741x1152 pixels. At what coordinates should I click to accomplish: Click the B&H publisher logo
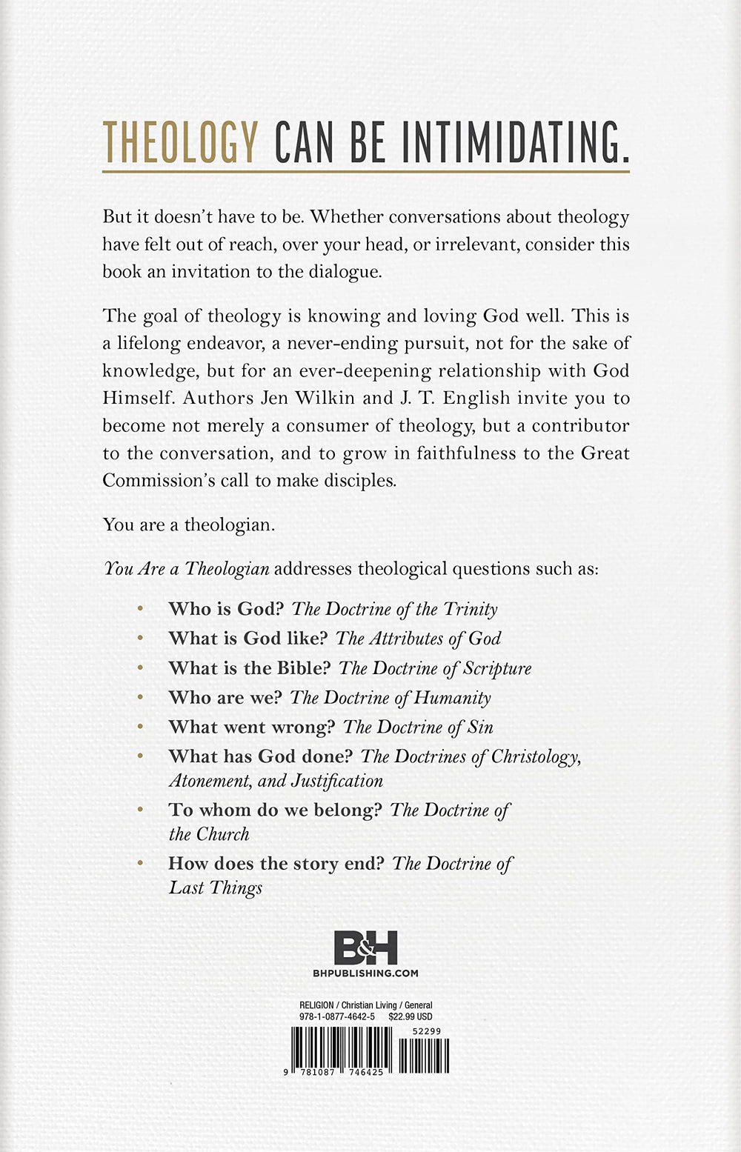click(365, 948)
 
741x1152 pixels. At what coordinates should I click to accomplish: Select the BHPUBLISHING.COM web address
click(366, 973)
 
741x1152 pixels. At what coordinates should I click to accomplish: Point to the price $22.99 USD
click(411, 1017)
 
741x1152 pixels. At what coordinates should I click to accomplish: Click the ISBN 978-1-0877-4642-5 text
click(336, 1017)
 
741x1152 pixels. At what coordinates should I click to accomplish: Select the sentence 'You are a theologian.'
click(189, 525)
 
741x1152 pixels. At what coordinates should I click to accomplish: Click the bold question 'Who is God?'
click(226, 609)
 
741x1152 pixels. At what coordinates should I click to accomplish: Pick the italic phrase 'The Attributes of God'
click(418, 639)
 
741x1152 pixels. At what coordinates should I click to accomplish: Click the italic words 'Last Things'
click(216, 888)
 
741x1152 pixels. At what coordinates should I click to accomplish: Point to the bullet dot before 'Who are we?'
click(141, 697)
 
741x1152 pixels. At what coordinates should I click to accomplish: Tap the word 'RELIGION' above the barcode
click(316, 1005)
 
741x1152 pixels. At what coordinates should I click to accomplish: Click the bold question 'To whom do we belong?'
click(275, 810)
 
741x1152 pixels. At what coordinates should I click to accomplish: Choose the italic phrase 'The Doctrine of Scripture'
click(435, 668)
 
